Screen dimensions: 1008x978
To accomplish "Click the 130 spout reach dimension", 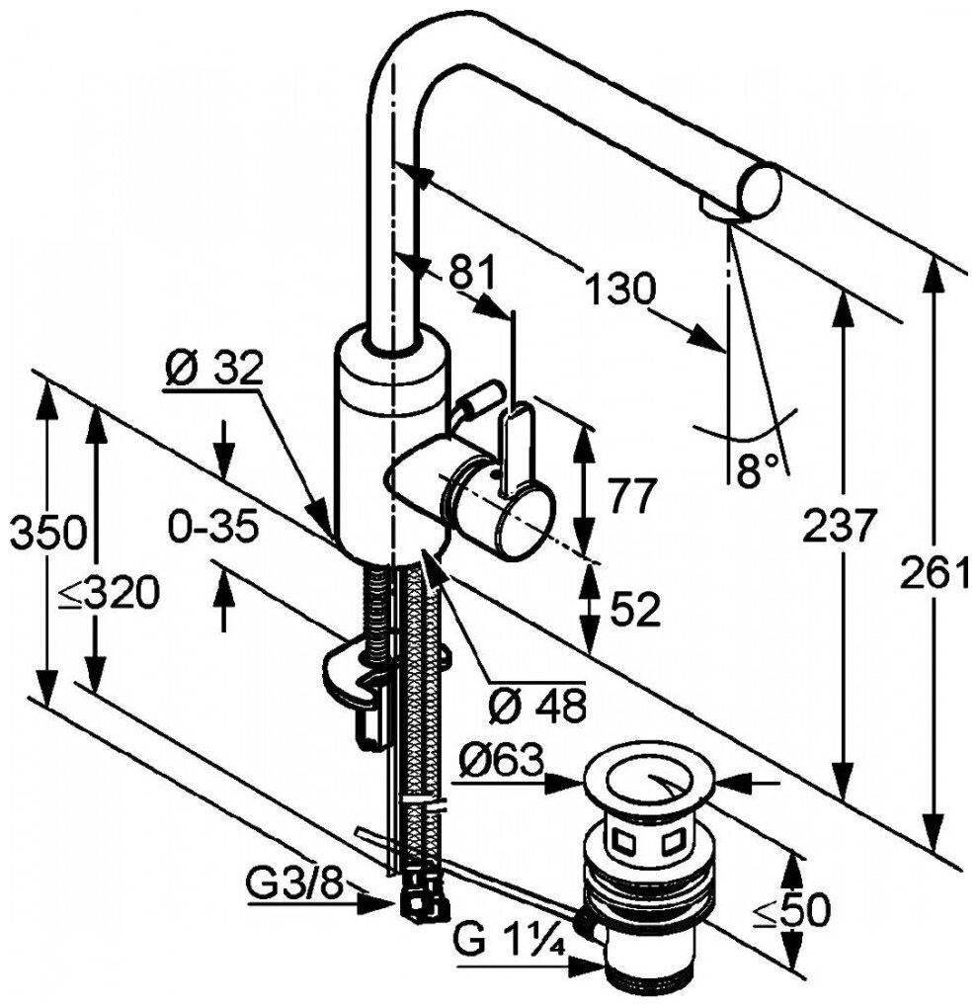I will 619,290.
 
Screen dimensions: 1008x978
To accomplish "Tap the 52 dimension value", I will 633,612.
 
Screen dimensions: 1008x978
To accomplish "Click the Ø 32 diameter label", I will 212,369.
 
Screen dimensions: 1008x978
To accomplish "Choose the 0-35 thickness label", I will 212,528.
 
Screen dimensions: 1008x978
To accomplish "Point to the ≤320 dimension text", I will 107,594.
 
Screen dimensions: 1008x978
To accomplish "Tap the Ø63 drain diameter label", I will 503,762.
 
